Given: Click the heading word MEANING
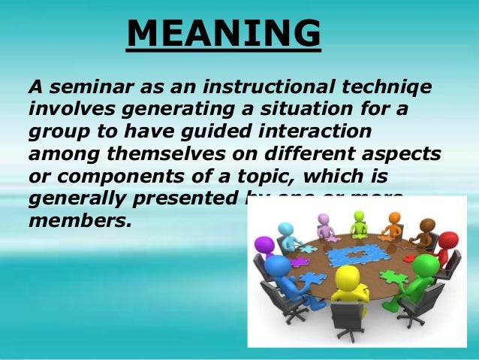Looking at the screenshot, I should pyautogui.click(x=224, y=34).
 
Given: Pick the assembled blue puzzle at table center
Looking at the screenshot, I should pyautogui.click(x=348, y=254).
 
